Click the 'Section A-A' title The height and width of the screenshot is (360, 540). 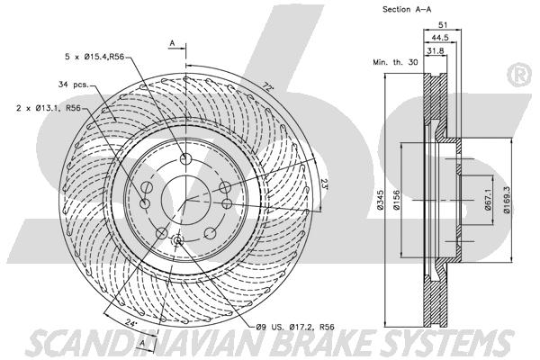(x=407, y=10)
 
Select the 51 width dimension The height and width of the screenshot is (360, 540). (x=443, y=25)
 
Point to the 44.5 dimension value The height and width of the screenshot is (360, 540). (x=440, y=38)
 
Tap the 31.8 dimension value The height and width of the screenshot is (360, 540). (x=436, y=51)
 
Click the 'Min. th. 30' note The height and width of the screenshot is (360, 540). (x=395, y=62)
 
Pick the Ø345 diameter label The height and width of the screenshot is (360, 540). (x=380, y=200)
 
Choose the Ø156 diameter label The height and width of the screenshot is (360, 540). (x=396, y=200)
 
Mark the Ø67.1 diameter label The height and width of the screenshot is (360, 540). (x=488, y=200)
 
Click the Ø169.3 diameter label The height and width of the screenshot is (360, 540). (x=507, y=200)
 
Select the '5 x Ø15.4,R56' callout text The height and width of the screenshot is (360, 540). (x=94, y=57)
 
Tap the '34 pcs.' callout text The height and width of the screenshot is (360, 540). (x=74, y=85)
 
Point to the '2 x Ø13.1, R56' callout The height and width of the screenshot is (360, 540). (x=49, y=108)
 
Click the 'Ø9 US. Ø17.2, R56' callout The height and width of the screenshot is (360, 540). (x=295, y=327)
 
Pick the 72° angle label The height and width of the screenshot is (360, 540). (x=267, y=86)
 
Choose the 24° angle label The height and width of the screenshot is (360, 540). (x=130, y=323)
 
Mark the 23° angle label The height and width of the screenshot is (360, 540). (x=324, y=183)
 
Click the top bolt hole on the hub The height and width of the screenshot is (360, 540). (x=185, y=158)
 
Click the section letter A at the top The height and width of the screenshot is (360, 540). (x=173, y=43)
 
